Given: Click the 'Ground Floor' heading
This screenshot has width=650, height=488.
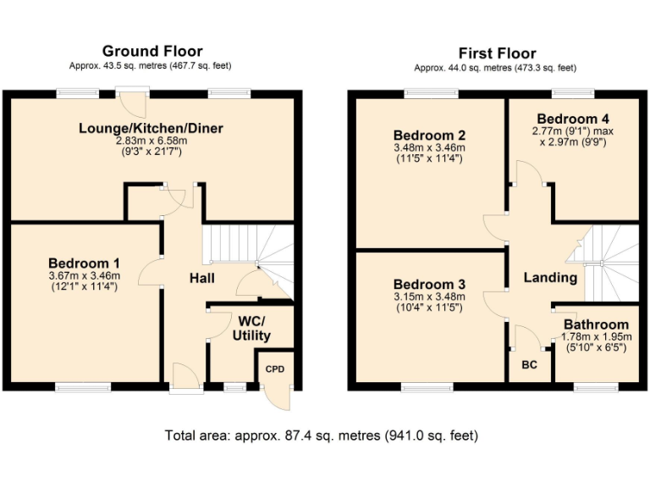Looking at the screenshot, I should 152,52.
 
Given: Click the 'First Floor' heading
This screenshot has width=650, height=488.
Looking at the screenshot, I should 495,52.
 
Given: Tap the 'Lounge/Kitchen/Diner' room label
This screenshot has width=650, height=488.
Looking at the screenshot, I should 154,129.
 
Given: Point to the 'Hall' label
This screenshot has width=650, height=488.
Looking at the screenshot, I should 201,278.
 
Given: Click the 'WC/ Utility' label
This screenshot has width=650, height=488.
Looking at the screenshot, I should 251,329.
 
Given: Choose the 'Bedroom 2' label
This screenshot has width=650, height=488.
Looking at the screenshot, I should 429,135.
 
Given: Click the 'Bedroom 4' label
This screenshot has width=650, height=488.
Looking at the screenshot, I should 573,119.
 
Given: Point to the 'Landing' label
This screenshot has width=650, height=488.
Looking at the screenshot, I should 550,278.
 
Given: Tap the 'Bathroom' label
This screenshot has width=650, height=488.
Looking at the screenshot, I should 596,324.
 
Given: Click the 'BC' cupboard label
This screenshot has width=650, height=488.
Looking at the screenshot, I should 529,364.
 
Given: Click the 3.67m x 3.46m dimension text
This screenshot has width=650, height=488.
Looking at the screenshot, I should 84,275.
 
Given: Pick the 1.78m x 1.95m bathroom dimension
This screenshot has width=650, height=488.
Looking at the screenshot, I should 596,337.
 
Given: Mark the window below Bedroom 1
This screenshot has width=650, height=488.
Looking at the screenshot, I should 84,387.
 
